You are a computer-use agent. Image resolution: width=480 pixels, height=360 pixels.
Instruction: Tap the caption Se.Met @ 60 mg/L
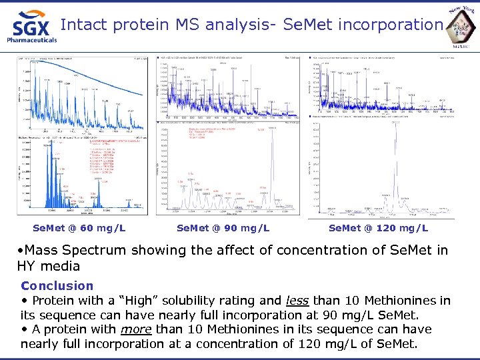tap(79, 229)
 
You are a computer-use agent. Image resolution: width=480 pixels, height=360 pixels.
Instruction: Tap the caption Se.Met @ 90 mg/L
tap(223, 229)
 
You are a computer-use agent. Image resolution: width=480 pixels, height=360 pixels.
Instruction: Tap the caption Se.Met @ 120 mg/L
tap(378, 229)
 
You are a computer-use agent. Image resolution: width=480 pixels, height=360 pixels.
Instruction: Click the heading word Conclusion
tap(57, 285)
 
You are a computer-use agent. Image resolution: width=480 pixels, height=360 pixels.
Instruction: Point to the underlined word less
tap(299, 300)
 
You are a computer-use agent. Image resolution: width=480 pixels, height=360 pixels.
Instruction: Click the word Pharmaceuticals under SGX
tap(31, 40)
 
